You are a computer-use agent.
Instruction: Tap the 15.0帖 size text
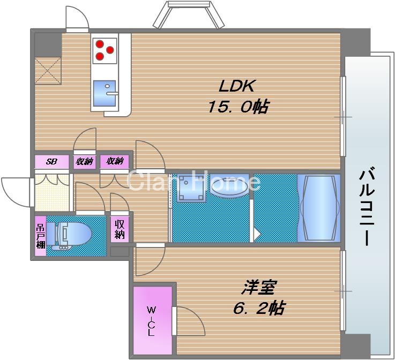point(238,107)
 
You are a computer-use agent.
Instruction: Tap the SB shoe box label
point(51,161)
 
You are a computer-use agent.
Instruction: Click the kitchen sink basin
point(106,93)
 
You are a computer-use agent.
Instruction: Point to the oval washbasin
point(229,185)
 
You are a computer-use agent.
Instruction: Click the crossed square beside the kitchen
point(48,70)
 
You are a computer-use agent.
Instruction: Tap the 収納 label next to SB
point(85,161)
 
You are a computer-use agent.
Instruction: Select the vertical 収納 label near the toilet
point(120,229)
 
